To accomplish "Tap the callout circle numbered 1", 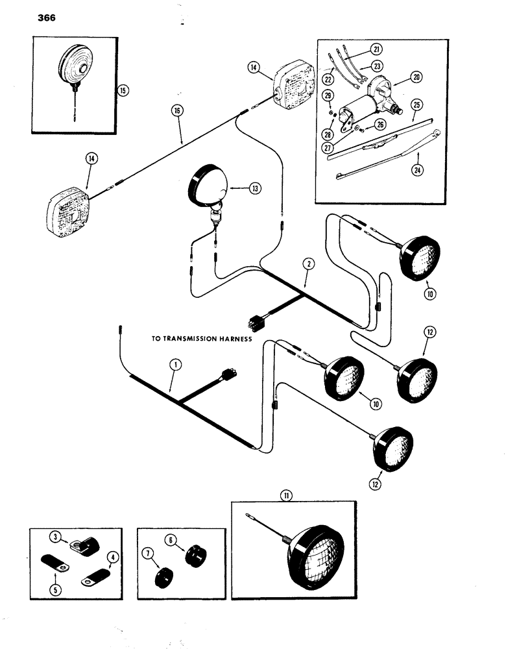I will [173, 365].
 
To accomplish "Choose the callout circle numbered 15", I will [122, 90].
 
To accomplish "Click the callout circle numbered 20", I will [416, 77].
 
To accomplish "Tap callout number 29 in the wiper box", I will [329, 95].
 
